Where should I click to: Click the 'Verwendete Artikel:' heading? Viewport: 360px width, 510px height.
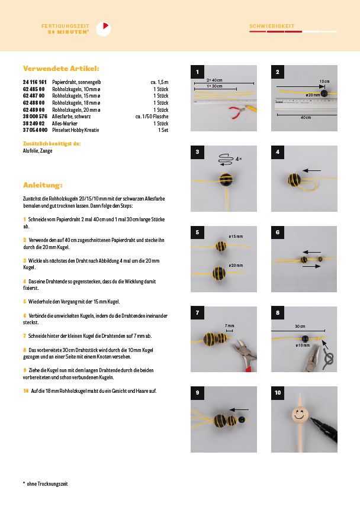(x=60, y=68)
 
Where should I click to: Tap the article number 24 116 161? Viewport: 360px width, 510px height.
(x=34, y=82)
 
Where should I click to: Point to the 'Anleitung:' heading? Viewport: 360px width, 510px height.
(x=43, y=185)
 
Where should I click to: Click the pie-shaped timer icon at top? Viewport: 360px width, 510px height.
(x=103, y=28)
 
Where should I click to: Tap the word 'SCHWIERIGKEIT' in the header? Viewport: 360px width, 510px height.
(x=272, y=27)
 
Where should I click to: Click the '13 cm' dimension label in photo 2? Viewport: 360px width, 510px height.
(x=324, y=80)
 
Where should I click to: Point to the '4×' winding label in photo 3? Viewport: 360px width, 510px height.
(x=238, y=159)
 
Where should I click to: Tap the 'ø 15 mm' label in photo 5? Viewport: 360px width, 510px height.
(x=236, y=237)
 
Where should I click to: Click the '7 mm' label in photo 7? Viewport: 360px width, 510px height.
(x=229, y=326)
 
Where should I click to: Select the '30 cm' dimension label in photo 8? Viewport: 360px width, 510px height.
(x=300, y=326)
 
